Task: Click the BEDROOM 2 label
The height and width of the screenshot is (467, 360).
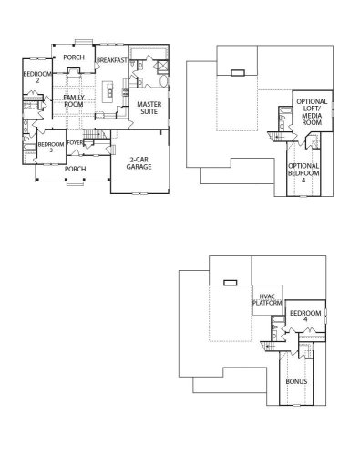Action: [x=36, y=77]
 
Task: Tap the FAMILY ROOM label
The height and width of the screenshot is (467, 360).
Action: [x=75, y=101]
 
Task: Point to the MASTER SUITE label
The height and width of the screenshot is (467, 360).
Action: [x=149, y=109]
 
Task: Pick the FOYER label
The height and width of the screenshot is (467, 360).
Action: [x=76, y=142]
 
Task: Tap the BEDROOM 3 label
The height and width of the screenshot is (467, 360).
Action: [x=51, y=148]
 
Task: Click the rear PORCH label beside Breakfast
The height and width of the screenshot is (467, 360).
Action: [x=75, y=57]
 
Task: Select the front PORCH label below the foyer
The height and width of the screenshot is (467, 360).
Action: [x=75, y=168]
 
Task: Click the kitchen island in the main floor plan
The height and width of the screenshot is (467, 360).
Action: [x=108, y=90]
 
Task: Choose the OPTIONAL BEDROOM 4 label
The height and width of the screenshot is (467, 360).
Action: [x=303, y=171]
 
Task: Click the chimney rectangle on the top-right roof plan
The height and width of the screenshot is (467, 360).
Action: [x=238, y=71]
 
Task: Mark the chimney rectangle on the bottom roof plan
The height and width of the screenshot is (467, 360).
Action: [x=231, y=282]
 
